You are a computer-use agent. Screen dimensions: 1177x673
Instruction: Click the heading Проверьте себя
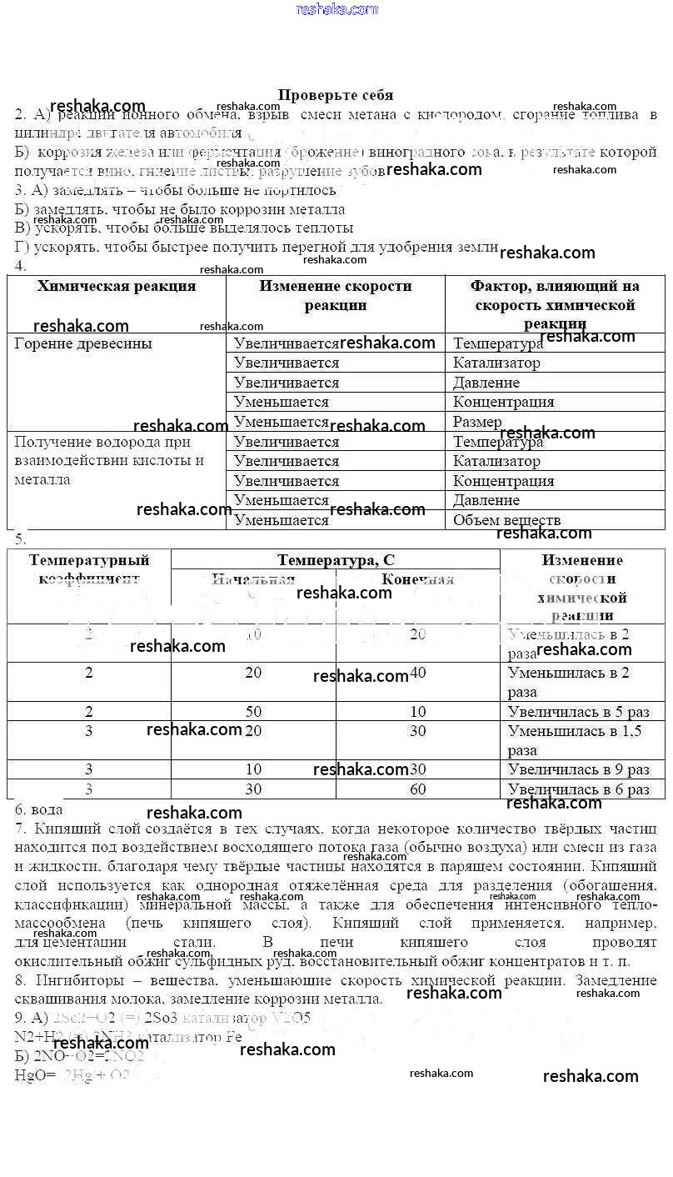point(335,95)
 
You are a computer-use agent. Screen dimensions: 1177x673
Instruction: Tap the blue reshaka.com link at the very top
point(336,9)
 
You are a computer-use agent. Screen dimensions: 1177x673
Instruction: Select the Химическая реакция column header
point(117,286)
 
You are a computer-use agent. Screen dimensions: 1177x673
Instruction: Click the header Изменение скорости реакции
point(335,295)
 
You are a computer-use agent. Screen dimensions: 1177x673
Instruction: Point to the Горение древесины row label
point(83,343)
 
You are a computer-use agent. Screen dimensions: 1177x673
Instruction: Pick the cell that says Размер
point(477,422)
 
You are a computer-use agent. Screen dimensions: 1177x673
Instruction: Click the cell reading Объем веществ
point(506,520)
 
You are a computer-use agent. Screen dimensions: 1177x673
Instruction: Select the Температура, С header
point(336,560)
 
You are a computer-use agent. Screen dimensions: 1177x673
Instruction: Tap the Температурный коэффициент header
point(89,568)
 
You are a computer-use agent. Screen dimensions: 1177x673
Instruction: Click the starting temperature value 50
point(253,711)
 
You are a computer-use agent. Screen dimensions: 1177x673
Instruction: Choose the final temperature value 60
point(418,789)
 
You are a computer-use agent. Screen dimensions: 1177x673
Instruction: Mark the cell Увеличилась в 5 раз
point(578,712)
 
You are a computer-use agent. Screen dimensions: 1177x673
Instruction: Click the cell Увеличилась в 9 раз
point(578,769)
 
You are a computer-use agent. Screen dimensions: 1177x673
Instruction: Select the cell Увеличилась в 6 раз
point(578,789)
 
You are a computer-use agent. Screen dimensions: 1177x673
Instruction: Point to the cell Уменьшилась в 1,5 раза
point(574,740)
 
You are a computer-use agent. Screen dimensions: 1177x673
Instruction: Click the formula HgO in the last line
point(29,1074)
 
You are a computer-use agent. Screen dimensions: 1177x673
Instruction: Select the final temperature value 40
point(418,672)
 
